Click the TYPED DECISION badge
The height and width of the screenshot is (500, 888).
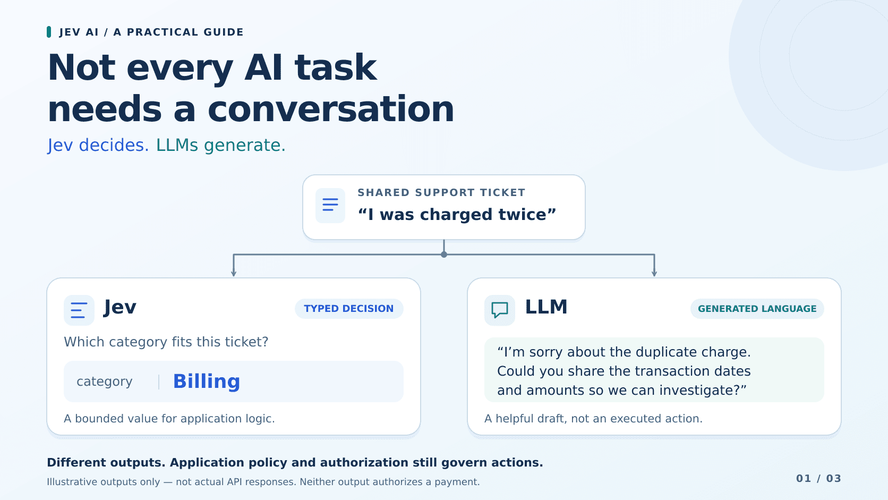tap(349, 309)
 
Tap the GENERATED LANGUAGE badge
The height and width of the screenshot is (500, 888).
tap(757, 309)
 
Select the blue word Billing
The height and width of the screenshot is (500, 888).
tap(207, 382)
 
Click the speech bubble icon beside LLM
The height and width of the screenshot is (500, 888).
tap(499, 310)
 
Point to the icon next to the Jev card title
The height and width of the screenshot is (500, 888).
tap(79, 310)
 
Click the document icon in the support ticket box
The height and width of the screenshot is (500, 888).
tap(330, 205)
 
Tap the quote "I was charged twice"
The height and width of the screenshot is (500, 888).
tap(457, 215)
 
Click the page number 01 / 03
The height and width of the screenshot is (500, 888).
tap(818, 479)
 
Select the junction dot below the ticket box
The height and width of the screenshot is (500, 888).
tap(444, 255)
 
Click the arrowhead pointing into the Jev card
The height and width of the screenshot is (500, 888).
tap(234, 273)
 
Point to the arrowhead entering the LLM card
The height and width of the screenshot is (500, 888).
tap(654, 273)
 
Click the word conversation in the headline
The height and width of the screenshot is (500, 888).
tap(331, 109)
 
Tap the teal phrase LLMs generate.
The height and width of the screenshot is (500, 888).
tap(220, 145)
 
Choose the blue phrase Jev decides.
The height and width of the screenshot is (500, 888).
tap(98, 145)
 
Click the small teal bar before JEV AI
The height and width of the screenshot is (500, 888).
tap(49, 32)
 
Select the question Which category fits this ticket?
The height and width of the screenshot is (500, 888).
tap(166, 342)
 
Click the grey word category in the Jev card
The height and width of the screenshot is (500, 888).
tap(104, 382)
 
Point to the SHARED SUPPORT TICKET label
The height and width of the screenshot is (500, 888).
tap(441, 193)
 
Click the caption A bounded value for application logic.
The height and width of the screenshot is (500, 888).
tap(169, 419)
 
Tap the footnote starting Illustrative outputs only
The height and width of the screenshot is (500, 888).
tap(263, 482)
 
